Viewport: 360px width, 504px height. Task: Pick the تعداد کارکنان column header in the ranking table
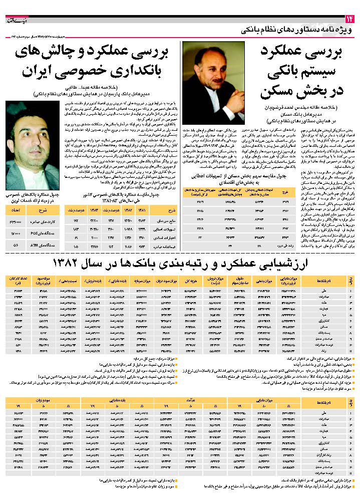(15, 279)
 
